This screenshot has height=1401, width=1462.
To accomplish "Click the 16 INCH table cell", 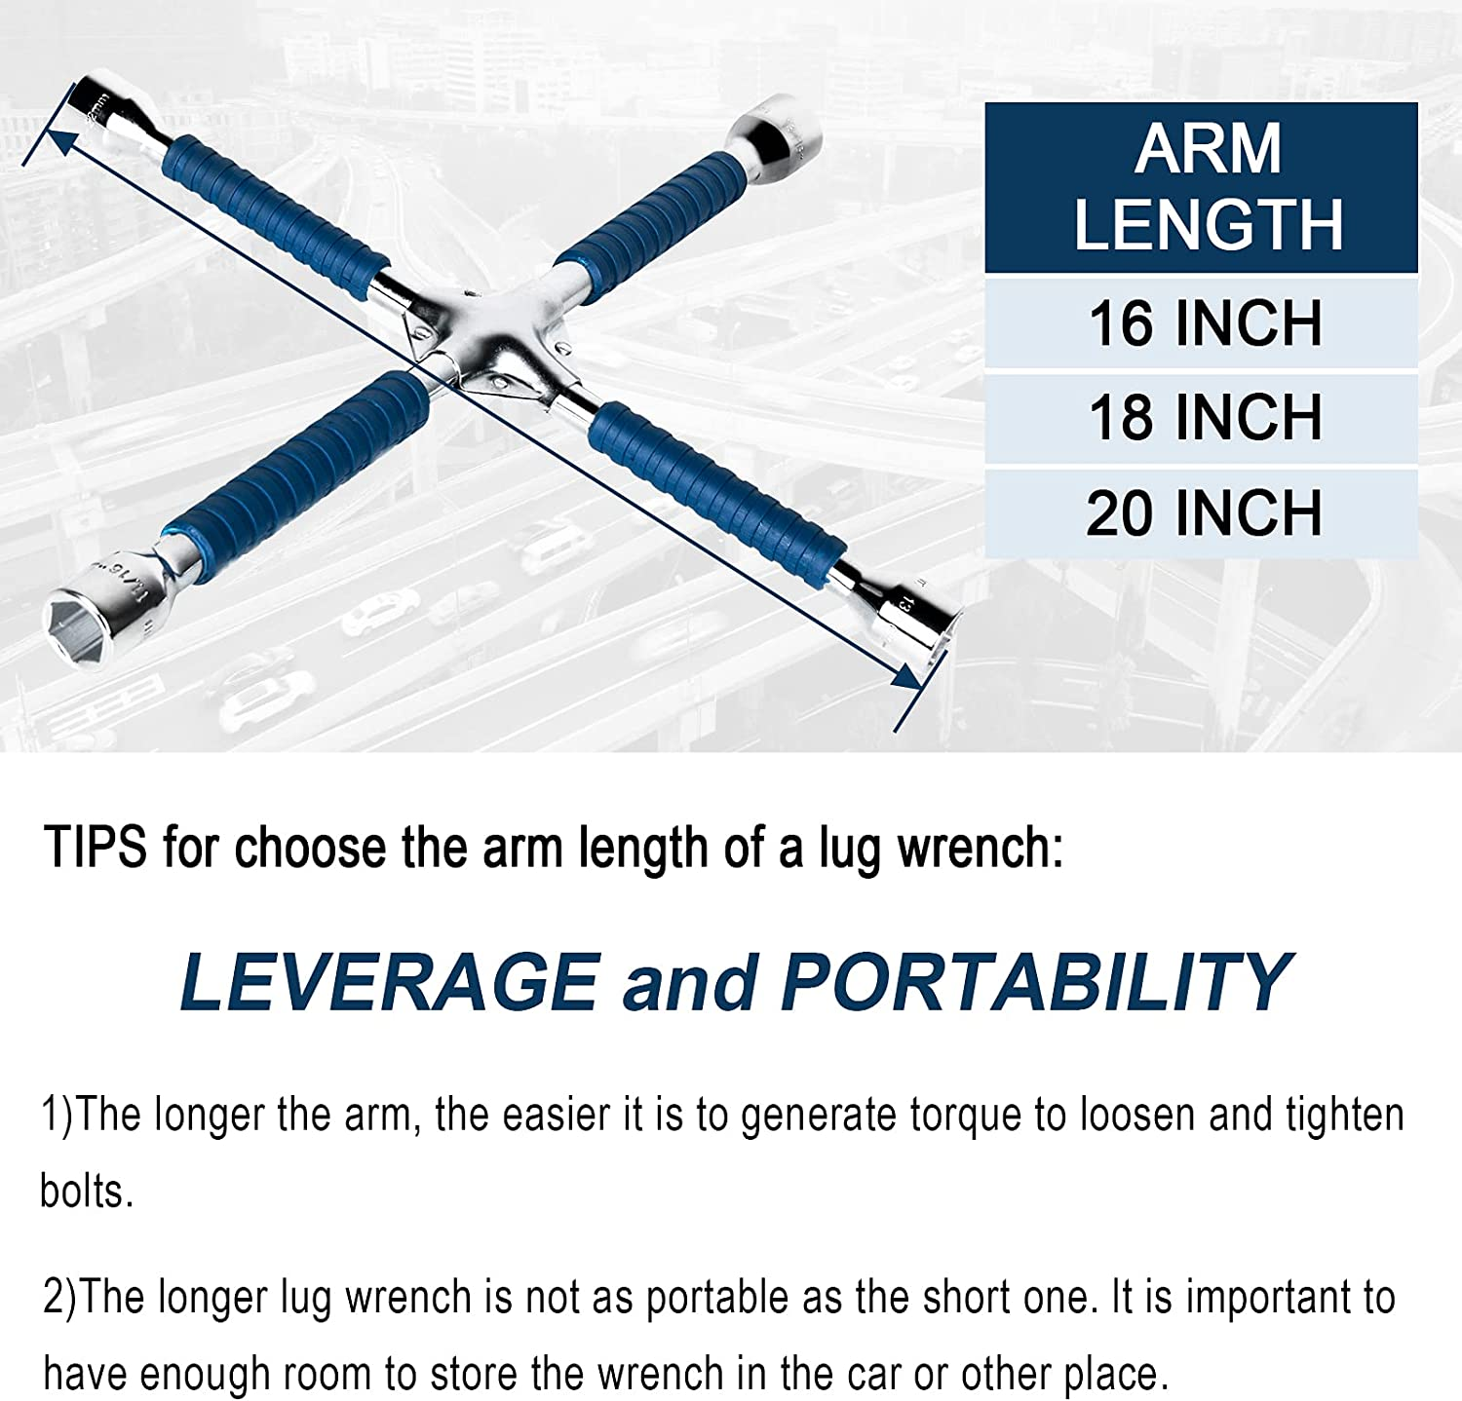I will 1201,323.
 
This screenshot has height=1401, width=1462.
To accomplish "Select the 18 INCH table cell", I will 1201,418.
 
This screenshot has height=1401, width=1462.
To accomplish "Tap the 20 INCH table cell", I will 1201,513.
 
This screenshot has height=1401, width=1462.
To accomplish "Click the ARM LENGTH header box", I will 1201,187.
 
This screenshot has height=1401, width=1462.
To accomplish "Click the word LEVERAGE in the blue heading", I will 389,982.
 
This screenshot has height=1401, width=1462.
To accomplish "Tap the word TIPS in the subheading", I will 96,848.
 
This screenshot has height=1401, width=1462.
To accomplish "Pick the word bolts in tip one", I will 86,1192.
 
